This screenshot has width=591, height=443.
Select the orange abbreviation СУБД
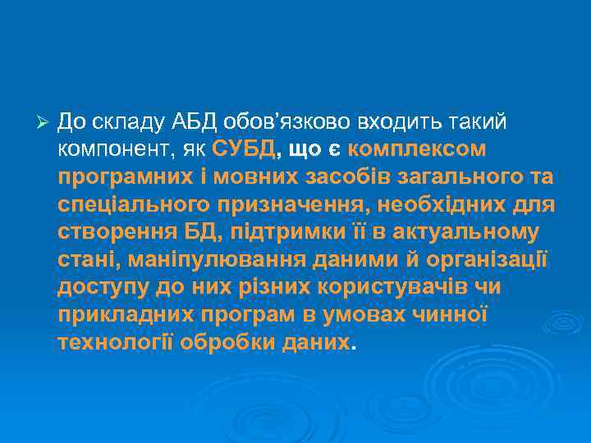(x=244, y=150)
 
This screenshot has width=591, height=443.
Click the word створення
(x=109, y=233)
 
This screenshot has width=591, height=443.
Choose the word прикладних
(x=120, y=316)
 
